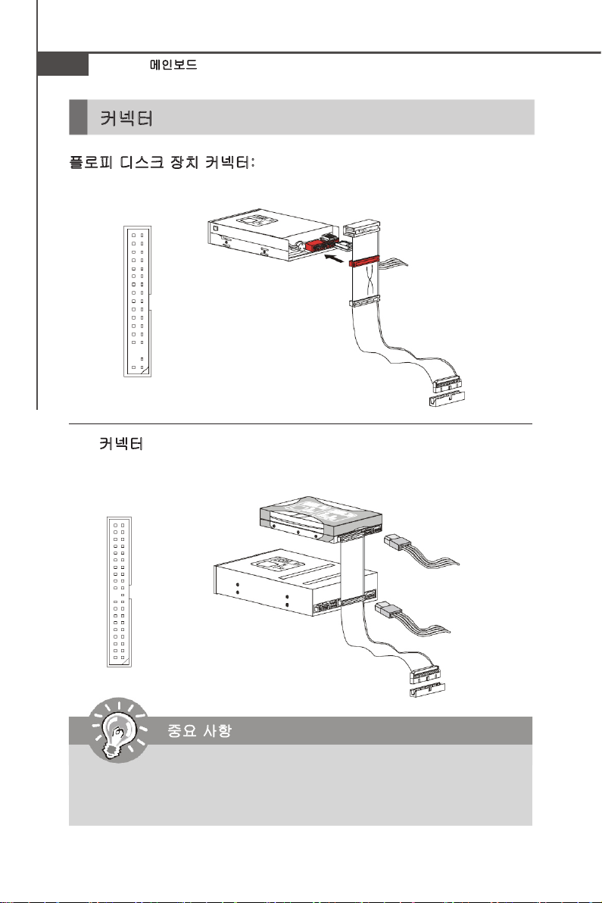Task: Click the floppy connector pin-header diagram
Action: (x=137, y=301)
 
